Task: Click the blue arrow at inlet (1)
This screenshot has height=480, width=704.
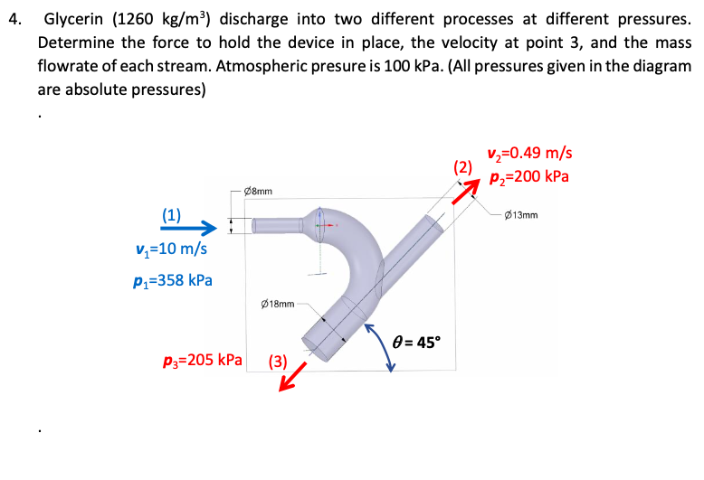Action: tap(190, 227)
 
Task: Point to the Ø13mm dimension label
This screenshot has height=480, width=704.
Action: tap(524, 215)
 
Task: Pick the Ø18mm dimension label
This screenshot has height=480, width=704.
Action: tap(277, 305)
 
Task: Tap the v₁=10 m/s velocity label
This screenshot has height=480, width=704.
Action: tap(170, 248)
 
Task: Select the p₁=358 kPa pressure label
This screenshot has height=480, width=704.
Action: tap(172, 278)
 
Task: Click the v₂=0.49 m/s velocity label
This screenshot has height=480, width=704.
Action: tap(529, 154)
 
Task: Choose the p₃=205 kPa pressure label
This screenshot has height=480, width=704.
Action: tap(203, 359)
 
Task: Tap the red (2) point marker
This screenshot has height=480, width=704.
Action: tap(462, 166)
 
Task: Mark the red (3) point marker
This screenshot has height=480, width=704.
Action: tap(278, 364)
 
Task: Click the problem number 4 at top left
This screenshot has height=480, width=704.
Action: tap(12, 19)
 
